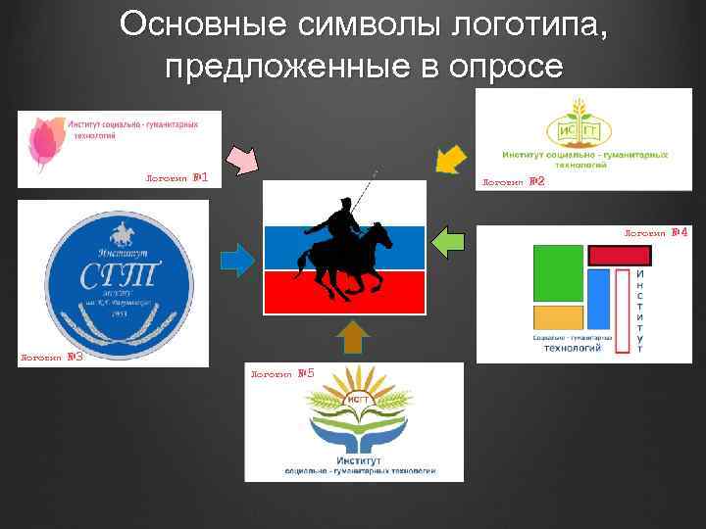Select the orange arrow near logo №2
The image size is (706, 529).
pos(450,159)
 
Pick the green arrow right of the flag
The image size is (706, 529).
pos(450,242)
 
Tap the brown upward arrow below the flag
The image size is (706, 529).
pos(352,337)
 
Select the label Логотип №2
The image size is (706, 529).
pos(513,182)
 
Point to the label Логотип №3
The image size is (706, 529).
pos(51,358)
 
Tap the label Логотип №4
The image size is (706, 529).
pos(656,233)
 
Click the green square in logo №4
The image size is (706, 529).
pos(558,273)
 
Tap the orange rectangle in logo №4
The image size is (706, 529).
pos(558,317)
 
